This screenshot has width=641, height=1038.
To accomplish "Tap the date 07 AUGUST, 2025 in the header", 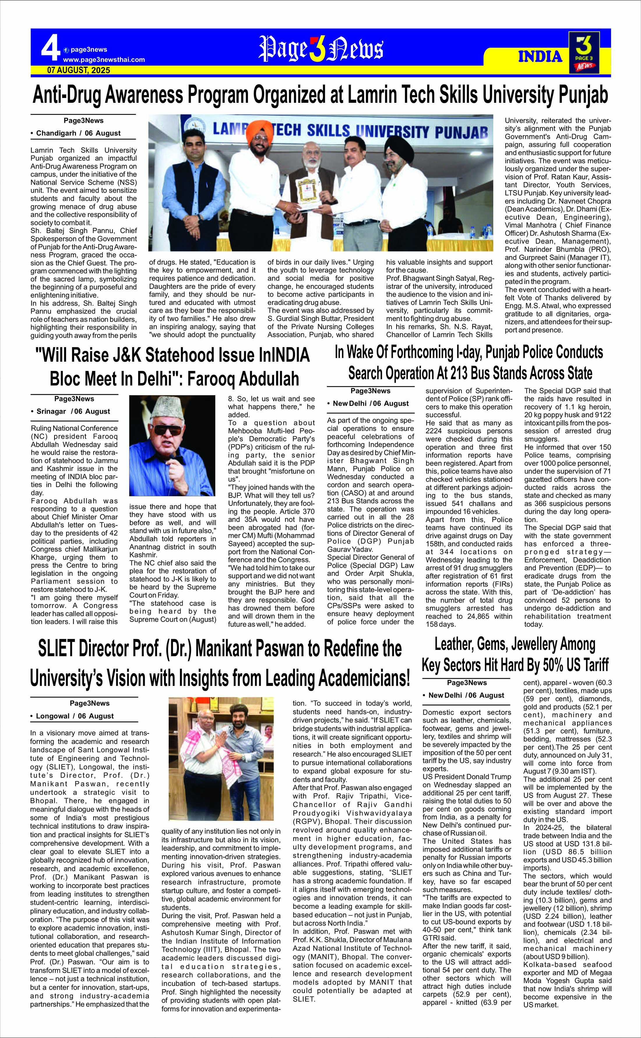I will click(79, 70).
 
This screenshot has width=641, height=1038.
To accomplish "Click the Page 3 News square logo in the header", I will click(584, 52).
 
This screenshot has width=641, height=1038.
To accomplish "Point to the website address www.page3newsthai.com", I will click(104, 60).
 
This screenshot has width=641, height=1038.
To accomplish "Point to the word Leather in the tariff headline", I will click(455, 645).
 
